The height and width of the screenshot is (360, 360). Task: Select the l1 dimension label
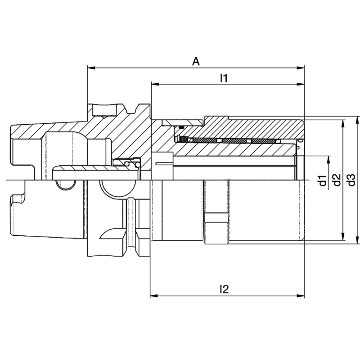[224, 78]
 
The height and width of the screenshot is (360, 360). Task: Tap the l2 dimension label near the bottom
[224, 290]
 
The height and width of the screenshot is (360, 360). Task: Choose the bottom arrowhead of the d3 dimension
[358, 241]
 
